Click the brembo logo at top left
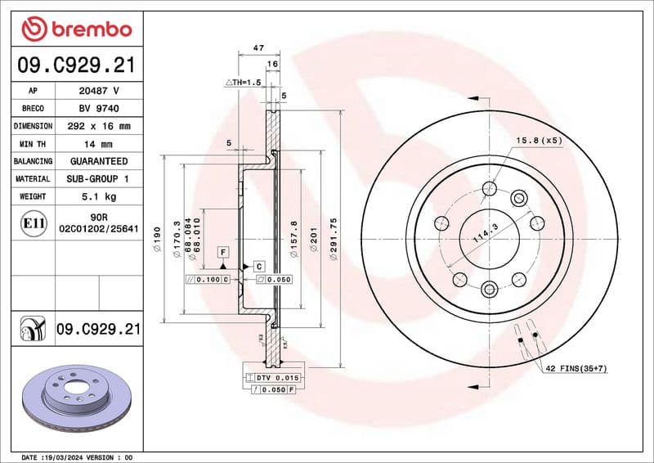(x=76, y=29)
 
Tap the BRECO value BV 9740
(x=97, y=109)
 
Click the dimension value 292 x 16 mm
(x=97, y=126)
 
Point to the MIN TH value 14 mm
(x=97, y=144)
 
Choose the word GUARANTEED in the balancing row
(x=98, y=161)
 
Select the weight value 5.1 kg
(x=97, y=196)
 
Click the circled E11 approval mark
(x=33, y=222)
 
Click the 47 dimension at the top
(x=258, y=49)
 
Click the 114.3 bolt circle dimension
(x=487, y=240)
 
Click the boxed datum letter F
(x=222, y=252)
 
